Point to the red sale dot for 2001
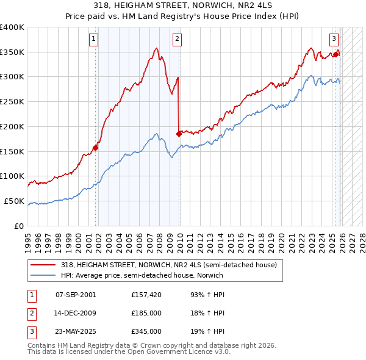[96, 147]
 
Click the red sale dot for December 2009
[179, 133]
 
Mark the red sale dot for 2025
[335, 54]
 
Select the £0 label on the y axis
[19, 226]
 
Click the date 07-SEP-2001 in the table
[75, 295]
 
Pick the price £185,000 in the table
[146, 313]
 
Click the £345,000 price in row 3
[146, 331]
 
